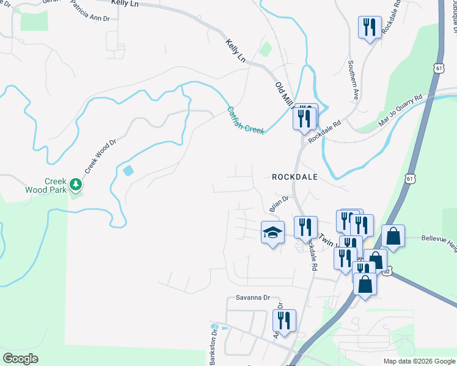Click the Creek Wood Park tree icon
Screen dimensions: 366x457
pos(75,183)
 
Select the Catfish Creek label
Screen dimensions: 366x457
pos(246,120)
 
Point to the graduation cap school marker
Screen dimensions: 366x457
pos(272,232)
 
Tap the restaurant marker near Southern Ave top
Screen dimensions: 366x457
pos(368,27)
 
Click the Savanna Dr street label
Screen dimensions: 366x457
pos(253,297)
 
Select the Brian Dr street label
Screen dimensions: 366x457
pos(278,204)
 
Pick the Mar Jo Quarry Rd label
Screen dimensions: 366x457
pos(401,110)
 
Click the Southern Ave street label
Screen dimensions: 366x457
pos(353,79)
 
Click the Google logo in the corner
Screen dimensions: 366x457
pos(21,359)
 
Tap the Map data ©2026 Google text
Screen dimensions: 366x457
pos(419,361)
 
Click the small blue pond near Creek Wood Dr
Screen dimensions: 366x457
pos(127,171)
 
